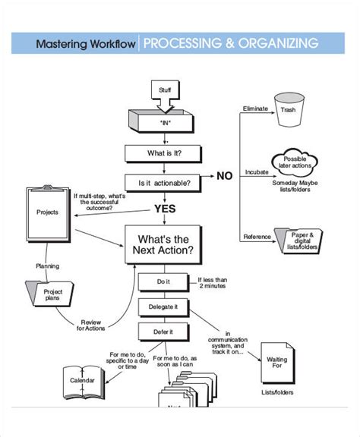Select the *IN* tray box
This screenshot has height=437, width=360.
point(164,121)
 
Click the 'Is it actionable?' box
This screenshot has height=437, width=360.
point(164,183)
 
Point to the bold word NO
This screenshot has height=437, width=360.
point(224,176)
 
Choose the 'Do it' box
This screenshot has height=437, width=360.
point(163,282)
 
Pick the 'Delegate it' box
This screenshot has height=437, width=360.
point(163,307)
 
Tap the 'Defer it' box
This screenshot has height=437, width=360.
point(163,332)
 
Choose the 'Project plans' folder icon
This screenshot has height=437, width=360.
point(52,294)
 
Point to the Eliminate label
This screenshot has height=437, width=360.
point(254,109)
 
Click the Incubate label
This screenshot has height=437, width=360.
point(256,172)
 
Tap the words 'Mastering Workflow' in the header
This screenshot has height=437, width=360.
point(86,43)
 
